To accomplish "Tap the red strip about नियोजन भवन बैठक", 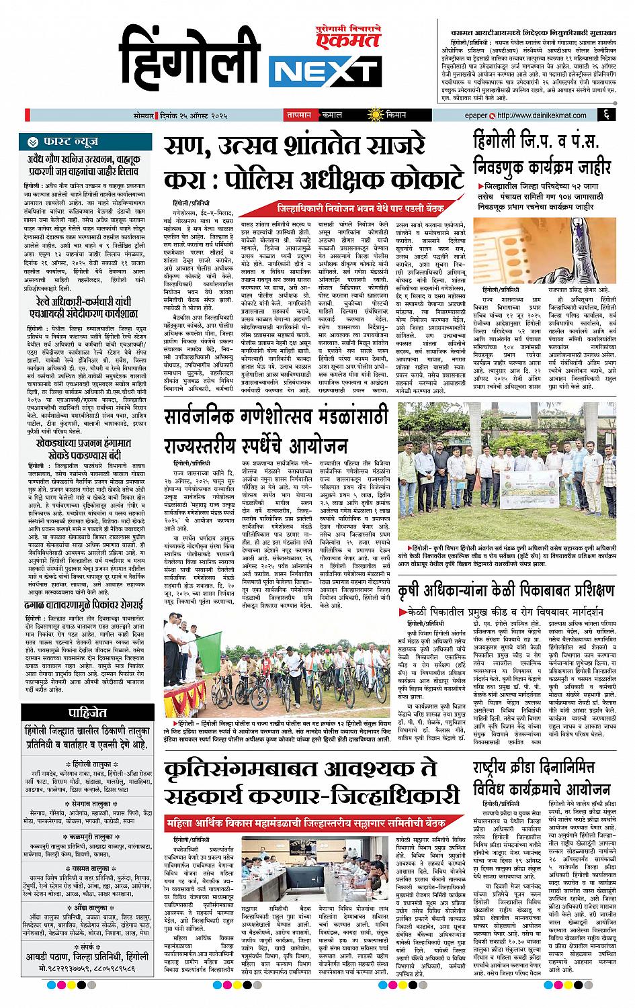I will (x=366, y=208).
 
